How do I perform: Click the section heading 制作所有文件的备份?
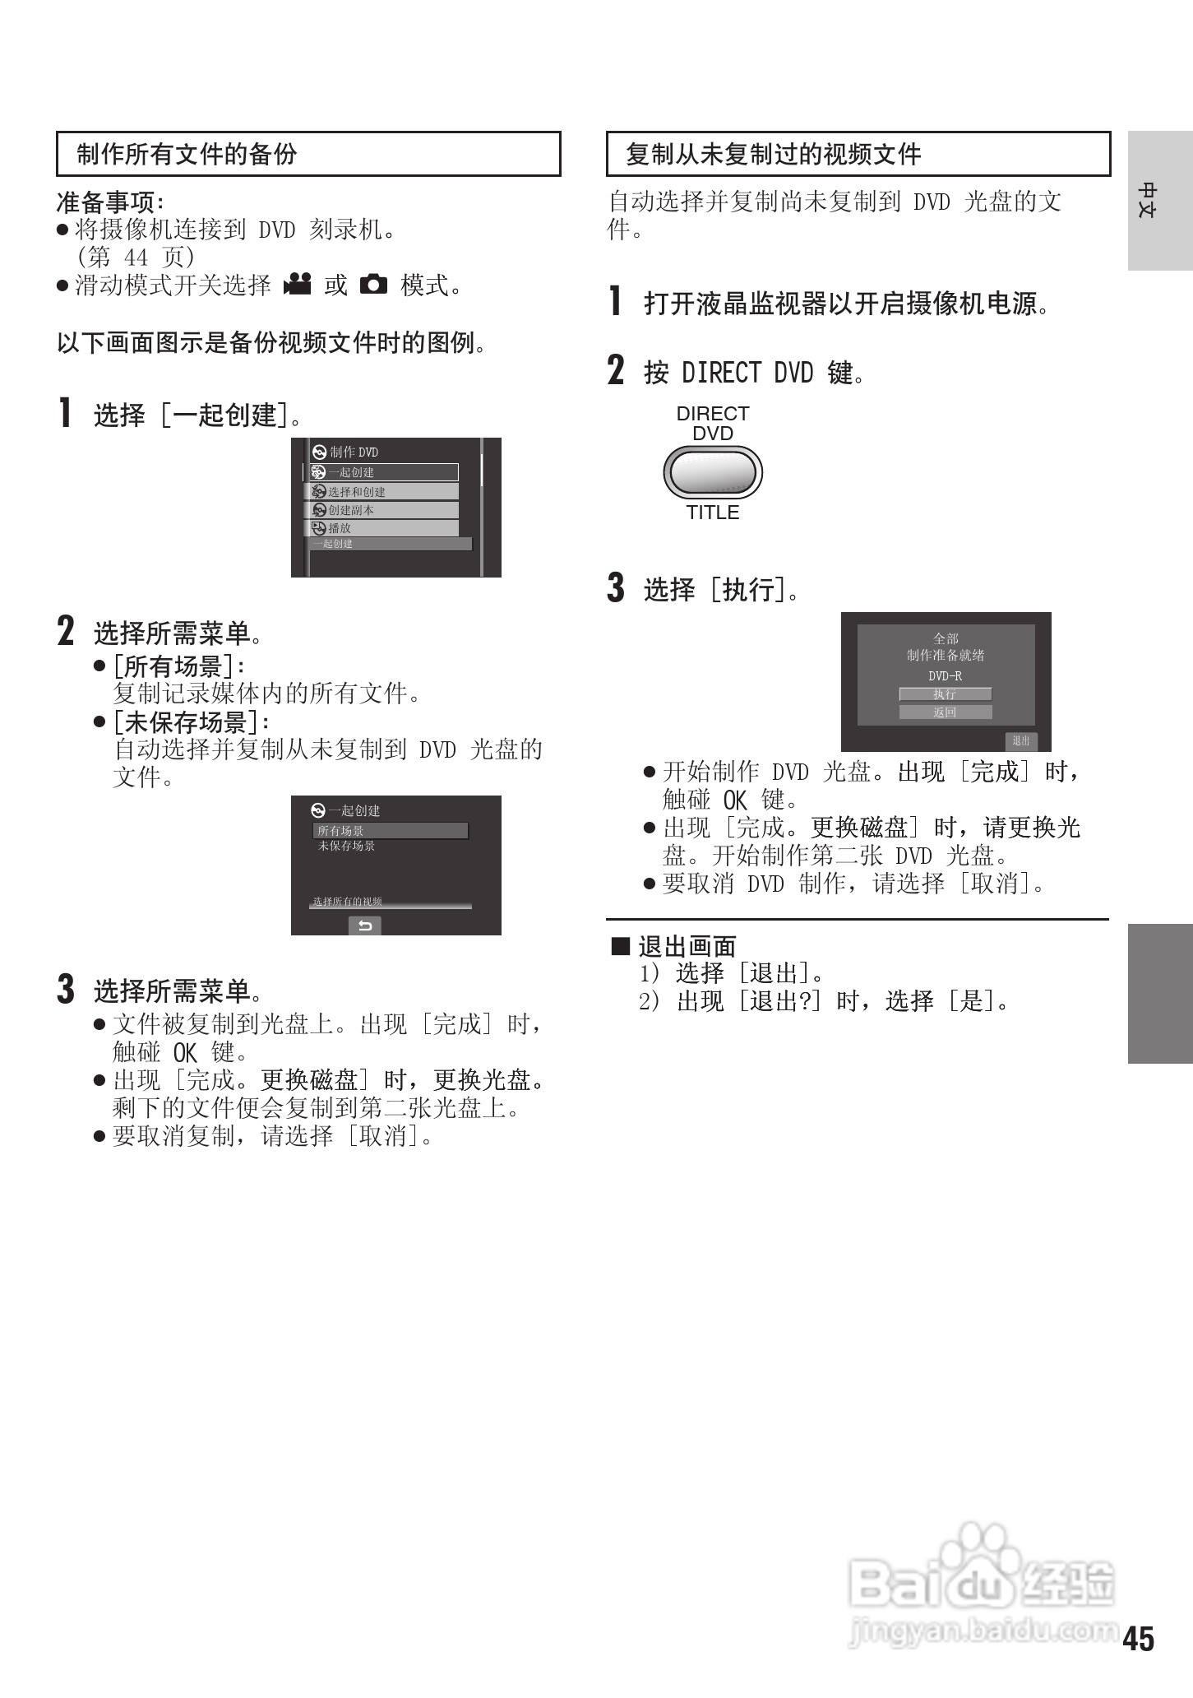click(187, 154)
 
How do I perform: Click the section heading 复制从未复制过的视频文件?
click(773, 154)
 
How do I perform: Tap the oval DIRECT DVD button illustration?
click(713, 473)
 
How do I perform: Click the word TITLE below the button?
click(713, 513)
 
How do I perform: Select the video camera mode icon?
click(297, 284)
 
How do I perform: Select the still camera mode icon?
click(373, 285)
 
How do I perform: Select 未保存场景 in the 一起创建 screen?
click(346, 846)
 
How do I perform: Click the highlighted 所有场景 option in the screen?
click(390, 831)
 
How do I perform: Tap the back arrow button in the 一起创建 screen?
click(365, 926)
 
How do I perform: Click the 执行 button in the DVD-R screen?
click(945, 694)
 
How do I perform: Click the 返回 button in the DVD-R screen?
click(945, 712)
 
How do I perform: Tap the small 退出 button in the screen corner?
click(1021, 741)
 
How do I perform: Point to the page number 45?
click(1139, 1639)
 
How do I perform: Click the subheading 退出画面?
click(687, 946)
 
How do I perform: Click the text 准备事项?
click(109, 202)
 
